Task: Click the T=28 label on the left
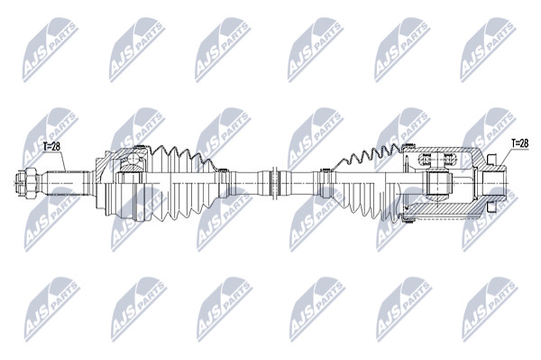(x=52, y=146)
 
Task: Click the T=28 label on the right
(x=519, y=143)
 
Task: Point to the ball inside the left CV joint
(x=133, y=160)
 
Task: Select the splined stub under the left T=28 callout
(x=65, y=182)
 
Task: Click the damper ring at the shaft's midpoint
(x=275, y=182)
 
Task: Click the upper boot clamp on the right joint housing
(x=409, y=145)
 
